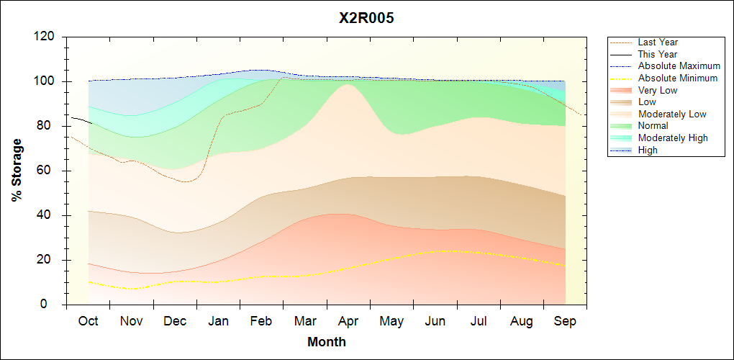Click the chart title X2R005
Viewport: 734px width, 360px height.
point(366,18)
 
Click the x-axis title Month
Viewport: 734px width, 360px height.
point(327,342)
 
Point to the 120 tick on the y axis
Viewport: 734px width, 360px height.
point(46,37)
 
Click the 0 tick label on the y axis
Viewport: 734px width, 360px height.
point(53,305)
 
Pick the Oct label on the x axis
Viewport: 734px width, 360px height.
point(88,321)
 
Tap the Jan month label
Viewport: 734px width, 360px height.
point(218,321)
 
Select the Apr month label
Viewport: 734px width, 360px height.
point(348,321)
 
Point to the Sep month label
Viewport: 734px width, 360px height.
point(566,321)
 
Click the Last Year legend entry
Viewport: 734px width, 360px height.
point(658,42)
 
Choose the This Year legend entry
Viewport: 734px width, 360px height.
point(658,54)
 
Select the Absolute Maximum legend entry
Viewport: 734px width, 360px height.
point(679,66)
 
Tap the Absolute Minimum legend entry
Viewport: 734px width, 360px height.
point(678,78)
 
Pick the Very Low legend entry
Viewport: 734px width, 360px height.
point(658,90)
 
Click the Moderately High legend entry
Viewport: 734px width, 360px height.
point(673,138)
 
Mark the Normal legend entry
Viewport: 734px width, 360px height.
point(653,126)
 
